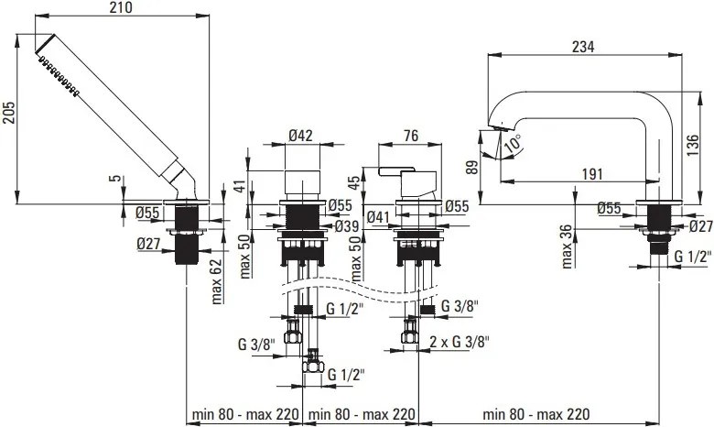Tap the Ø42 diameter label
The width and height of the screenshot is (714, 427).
point(301,136)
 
